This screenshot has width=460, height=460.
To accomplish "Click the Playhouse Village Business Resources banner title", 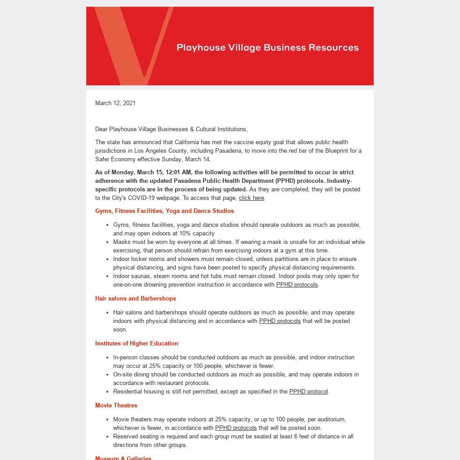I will (268, 48).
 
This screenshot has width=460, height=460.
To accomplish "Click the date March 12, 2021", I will (115, 103).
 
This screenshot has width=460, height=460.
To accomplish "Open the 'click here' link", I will (252, 198).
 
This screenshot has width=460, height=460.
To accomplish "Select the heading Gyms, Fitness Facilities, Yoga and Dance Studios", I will (164, 211).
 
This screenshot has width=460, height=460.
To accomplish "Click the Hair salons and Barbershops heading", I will (136, 298).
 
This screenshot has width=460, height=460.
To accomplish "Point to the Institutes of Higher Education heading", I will (137, 343).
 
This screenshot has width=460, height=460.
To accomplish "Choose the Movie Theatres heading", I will (116, 405).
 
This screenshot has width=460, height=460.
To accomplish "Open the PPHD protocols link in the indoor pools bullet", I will (297, 284).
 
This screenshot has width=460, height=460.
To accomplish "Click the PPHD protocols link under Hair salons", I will (280, 321).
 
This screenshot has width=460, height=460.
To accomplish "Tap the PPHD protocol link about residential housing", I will (309, 391).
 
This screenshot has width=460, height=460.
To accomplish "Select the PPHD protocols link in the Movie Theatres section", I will (236, 428).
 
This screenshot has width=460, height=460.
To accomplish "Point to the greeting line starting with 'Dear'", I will (171, 129).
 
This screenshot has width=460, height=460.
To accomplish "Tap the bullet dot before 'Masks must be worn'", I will (107, 242).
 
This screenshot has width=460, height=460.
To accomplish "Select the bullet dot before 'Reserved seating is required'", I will (107, 437).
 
